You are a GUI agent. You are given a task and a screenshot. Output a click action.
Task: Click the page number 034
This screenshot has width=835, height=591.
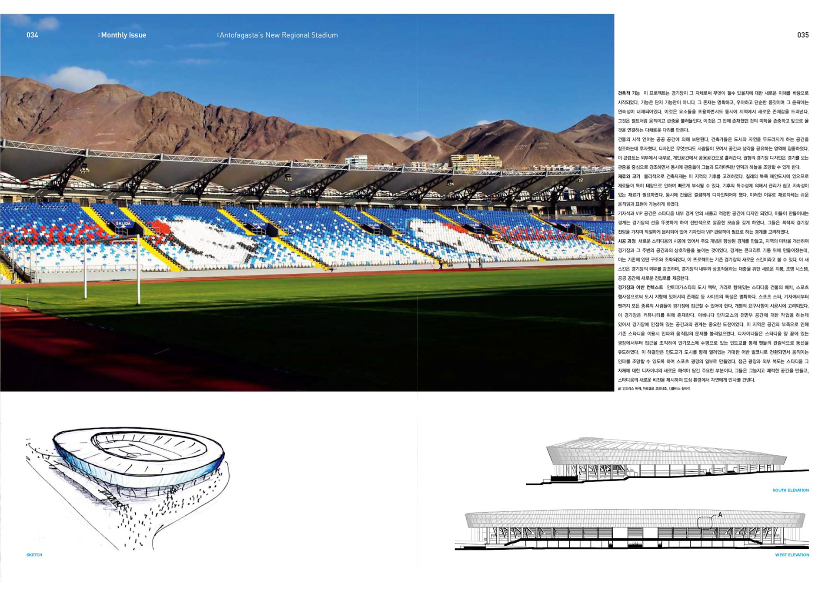point(32,35)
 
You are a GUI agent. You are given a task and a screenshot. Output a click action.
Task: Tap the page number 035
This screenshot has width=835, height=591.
point(803,35)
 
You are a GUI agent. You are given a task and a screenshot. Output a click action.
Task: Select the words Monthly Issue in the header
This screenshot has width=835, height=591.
point(124,35)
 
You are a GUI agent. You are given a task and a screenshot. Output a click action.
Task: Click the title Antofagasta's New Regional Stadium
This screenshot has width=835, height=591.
point(278,35)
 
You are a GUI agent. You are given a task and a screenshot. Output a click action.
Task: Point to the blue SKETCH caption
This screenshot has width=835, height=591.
point(34,555)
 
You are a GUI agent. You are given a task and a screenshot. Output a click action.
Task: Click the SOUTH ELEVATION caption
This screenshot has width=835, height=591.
point(791,490)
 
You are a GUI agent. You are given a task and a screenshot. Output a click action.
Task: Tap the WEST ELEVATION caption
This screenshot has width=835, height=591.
point(792,555)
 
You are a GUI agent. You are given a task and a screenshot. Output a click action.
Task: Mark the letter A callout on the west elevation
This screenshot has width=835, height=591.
point(720,515)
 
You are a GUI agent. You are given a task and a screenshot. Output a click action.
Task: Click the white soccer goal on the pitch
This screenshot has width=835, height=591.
point(112,270)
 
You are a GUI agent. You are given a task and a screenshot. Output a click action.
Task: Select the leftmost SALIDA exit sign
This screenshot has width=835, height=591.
point(123,223)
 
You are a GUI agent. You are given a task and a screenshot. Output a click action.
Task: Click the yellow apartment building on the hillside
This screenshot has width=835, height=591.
point(476,161)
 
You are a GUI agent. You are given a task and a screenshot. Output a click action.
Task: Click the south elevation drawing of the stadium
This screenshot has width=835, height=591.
point(665,461)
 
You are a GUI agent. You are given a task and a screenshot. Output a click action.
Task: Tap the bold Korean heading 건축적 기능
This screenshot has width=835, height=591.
point(629,93)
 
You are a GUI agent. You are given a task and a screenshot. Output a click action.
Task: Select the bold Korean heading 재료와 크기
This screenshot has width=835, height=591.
point(629,177)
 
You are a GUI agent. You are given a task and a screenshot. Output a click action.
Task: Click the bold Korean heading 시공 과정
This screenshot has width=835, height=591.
point(627,241)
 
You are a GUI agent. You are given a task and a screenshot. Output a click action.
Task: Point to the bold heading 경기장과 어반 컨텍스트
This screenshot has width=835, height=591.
point(640,288)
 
